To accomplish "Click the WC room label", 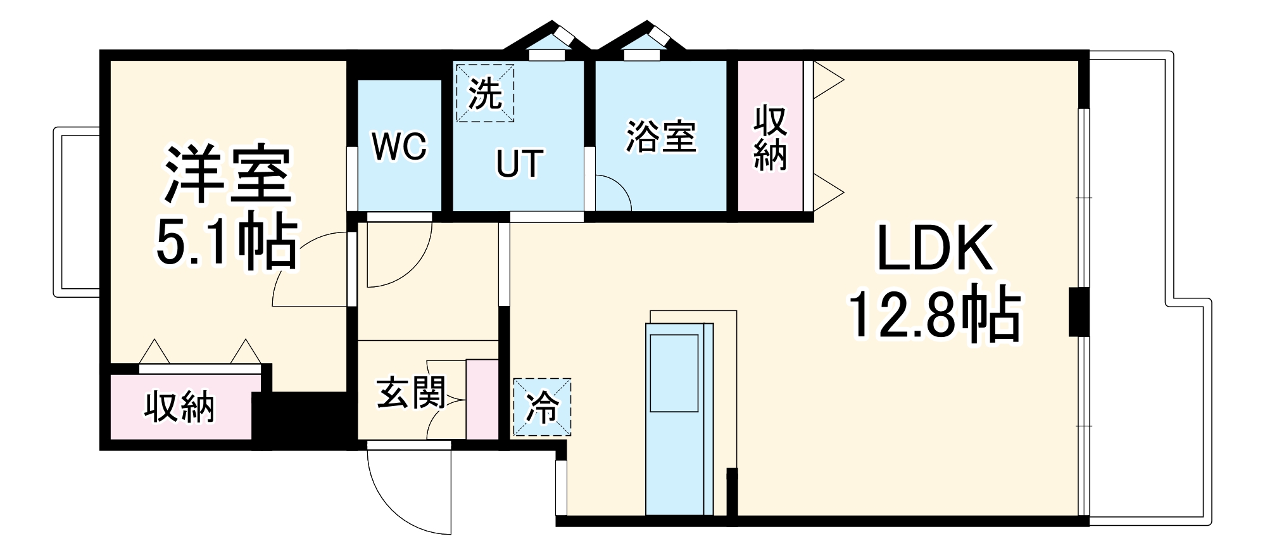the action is coord(400,146).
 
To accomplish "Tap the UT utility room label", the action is coord(519,163).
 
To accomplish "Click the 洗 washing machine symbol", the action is coord(485,93).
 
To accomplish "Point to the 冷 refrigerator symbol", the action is coord(542,407).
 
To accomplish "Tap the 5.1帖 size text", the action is coord(226,243).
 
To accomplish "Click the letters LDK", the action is coord(935,248).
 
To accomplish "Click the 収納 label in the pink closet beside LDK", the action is coord(771,138).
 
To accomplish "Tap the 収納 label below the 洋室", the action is coord(180,407).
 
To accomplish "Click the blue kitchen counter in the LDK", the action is coord(679,419).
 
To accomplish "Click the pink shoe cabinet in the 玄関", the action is coord(482,399).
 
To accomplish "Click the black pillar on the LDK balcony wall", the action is coord(1079,312).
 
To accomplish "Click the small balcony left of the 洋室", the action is coord(77,212).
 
